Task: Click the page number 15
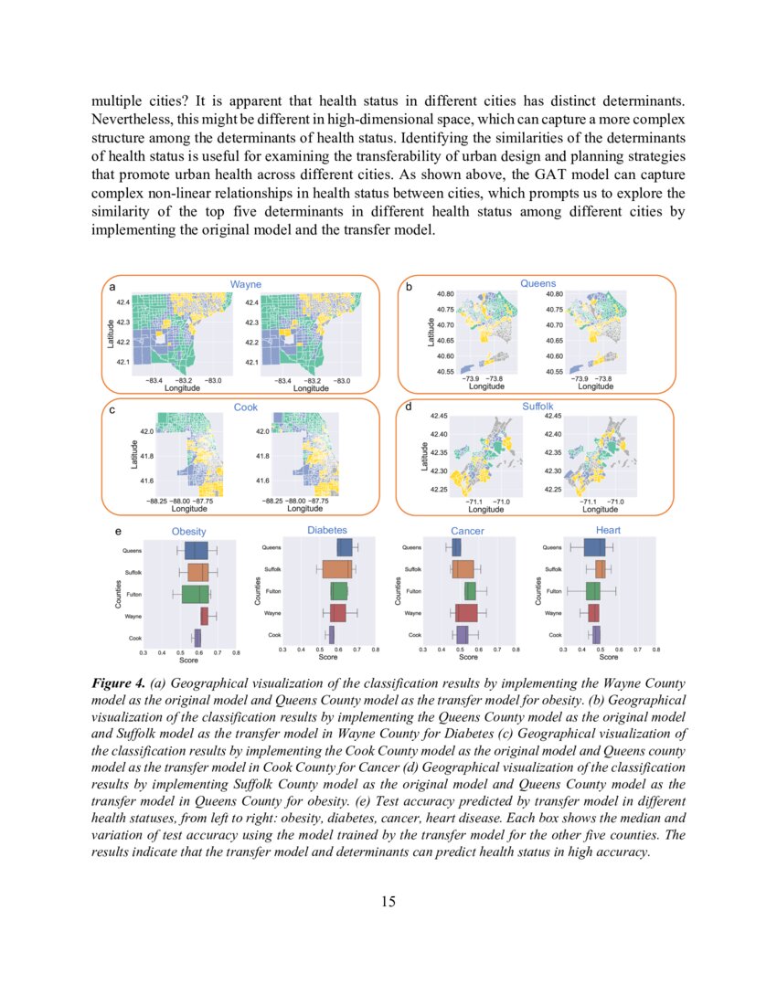388,902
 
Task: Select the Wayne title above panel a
245,285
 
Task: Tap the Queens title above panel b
538,284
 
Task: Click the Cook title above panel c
245,407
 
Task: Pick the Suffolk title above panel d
538,406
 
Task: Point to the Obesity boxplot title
189,532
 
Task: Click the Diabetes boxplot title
328,530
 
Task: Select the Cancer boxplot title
467,531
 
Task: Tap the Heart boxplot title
608,530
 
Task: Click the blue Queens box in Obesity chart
196,551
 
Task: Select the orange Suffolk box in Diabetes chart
336,569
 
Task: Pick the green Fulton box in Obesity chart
195,594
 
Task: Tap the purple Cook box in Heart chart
596,634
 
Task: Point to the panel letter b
409,288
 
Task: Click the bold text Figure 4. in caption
120,683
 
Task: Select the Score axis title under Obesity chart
189,660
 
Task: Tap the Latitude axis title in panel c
133,454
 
